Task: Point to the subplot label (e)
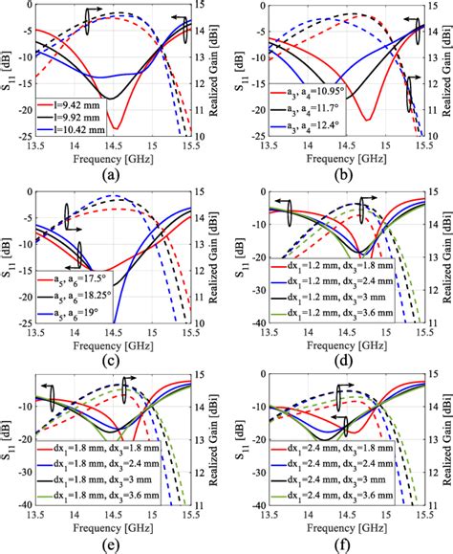[113, 546]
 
